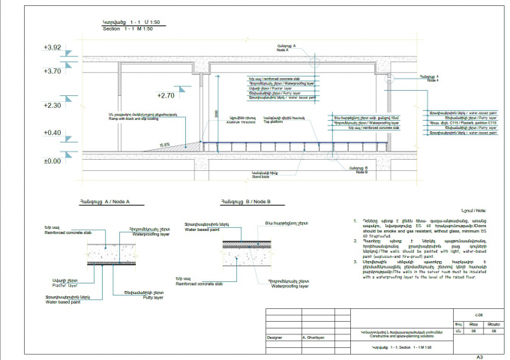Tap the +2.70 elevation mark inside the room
pyautogui.click(x=165, y=95)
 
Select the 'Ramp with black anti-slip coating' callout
pyautogui.click(x=138, y=117)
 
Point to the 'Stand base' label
pyautogui.click(x=260, y=178)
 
